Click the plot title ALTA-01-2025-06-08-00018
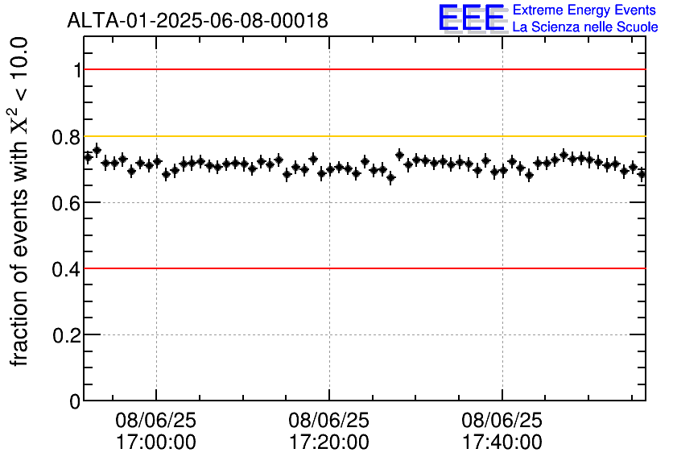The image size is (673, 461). (197, 21)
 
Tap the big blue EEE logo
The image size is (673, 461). (471, 19)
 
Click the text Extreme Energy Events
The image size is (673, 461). (585, 10)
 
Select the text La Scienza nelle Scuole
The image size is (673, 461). (585, 27)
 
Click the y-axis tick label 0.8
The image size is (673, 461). (68, 137)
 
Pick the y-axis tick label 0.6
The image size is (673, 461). (68, 203)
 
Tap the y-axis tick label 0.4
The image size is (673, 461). (68, 269)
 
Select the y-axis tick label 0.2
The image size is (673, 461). (68, 335)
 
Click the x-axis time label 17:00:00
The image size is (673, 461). (156, 442)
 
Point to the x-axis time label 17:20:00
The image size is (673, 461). (329, 442)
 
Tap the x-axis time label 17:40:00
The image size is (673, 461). (502, 442)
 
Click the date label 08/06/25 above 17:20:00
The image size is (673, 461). (329, 421)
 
